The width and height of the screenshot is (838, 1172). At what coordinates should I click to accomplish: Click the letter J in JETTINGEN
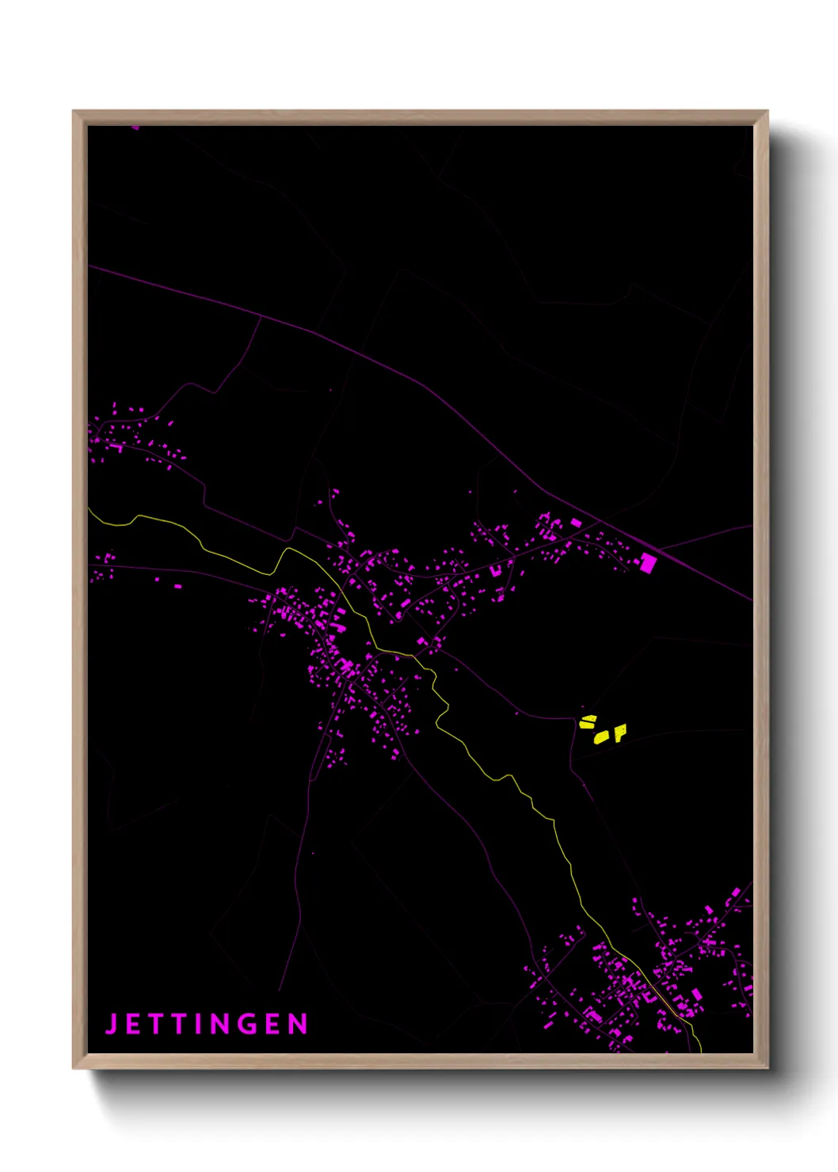112,1023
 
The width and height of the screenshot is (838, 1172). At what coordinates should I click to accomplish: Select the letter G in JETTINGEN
246,1024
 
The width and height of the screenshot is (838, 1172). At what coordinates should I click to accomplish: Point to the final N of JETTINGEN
299,1024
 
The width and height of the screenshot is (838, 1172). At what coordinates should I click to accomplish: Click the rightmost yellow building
620,732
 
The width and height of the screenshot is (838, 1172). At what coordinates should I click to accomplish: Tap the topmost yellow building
588,721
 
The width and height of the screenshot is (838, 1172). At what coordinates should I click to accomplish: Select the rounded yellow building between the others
602,737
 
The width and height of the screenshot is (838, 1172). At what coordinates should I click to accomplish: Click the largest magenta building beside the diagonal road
648,563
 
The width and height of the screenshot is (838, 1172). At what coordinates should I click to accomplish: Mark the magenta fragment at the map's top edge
135,127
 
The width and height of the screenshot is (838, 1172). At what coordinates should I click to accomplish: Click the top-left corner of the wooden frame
74,112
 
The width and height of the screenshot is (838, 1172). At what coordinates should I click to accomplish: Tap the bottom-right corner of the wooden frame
767,1067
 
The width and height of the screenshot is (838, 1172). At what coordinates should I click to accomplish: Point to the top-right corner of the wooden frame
767,112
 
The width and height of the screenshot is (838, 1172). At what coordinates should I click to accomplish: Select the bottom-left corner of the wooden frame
74,1067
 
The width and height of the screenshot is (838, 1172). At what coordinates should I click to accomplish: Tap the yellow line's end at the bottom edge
701,1052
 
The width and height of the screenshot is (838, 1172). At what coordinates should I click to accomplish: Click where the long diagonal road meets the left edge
89,267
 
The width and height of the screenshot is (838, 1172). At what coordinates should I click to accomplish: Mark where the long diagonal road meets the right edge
752,600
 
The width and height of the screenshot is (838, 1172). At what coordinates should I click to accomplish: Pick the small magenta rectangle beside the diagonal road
576,523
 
